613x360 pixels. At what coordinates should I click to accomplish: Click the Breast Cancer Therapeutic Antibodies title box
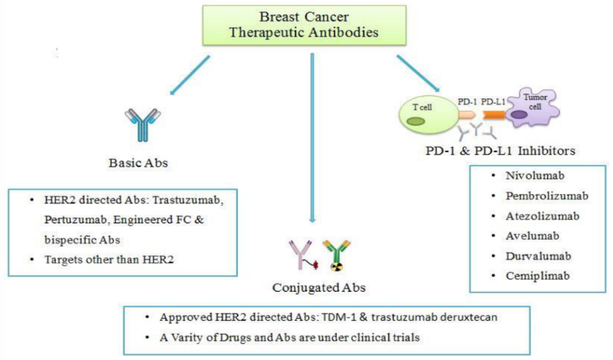click(x=307, y=25)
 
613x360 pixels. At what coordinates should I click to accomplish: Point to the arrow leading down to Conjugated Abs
click(x=311, y=138)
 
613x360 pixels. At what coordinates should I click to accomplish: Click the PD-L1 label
click(x=493, y=100)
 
